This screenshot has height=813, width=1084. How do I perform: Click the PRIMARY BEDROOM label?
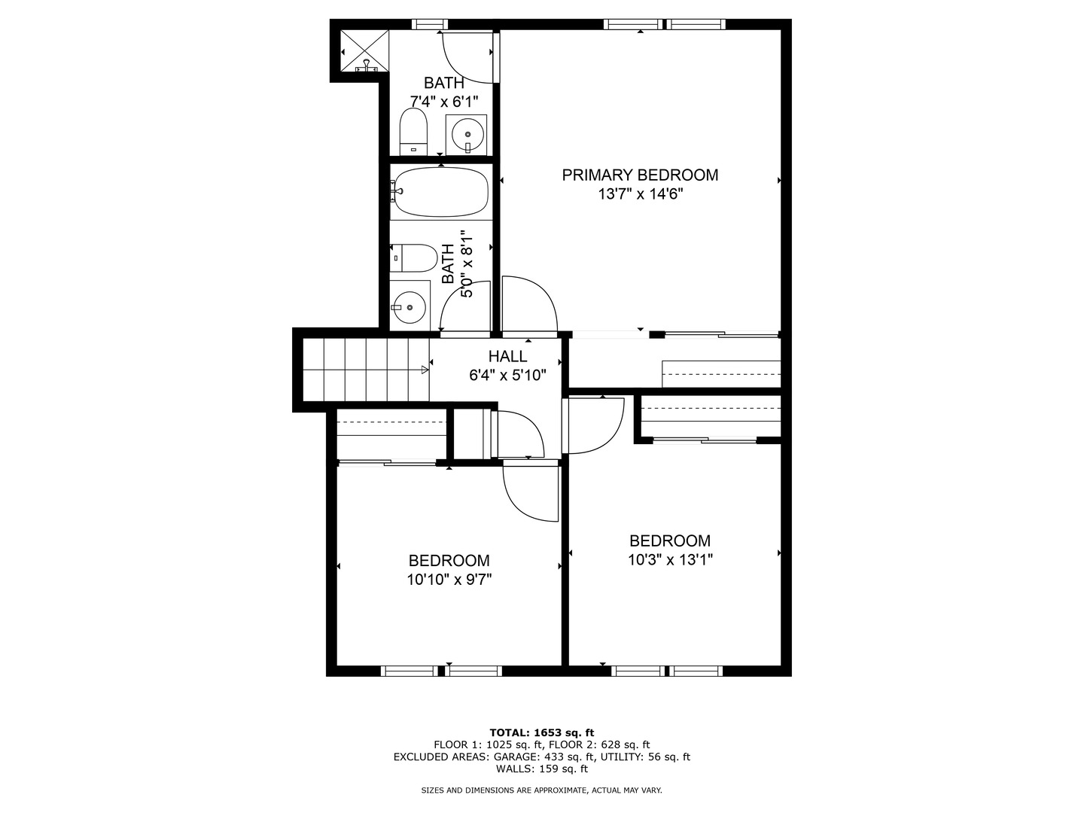tap(640, 175)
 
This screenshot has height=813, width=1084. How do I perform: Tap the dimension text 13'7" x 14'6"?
tap(640, 194)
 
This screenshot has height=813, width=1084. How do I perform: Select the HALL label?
tap(507, 357)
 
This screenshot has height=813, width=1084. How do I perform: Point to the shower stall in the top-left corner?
tap(365, 52)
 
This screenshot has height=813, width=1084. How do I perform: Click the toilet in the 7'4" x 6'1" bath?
tap(413, 131)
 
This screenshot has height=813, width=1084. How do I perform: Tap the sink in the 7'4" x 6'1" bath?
tap(467, 135)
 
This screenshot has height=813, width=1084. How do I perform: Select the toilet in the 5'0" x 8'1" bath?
tap(413, 257)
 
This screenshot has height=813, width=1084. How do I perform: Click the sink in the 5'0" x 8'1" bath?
tap(409, 306)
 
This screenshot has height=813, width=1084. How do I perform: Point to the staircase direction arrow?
tap(425, 370)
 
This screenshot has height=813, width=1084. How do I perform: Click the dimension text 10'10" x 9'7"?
tap(449, 580)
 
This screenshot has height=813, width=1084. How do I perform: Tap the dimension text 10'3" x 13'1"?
tap(669, 560)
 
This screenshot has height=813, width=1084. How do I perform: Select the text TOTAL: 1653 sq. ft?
tap(541, 732)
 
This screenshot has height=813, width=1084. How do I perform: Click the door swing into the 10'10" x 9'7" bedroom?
tap(529, 493)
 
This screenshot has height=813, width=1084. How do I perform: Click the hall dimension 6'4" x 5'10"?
tap(507, 375)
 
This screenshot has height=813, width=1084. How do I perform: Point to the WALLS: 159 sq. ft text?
tap(541, 769)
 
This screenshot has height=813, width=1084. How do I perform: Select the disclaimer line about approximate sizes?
tap(541, 790)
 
